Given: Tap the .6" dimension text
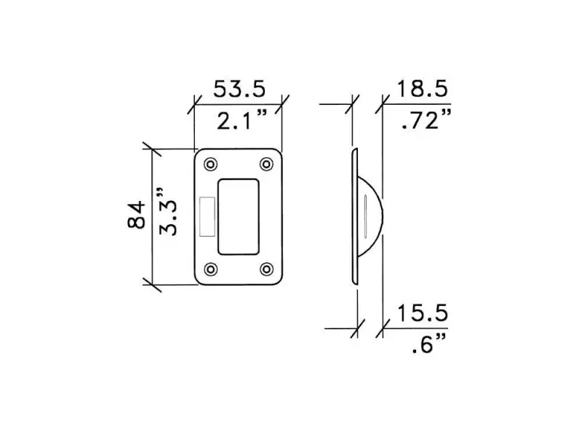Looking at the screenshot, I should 428,345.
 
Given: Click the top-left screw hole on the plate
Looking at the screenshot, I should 211,163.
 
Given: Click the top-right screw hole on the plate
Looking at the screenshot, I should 266,163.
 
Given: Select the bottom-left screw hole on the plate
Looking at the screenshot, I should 211,269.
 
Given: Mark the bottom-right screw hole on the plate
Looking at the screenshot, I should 266,269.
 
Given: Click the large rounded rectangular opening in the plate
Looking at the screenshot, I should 239,216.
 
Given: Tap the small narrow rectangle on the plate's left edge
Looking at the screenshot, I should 204,216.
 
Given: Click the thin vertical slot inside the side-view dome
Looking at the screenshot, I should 363,216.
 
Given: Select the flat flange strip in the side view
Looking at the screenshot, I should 354,216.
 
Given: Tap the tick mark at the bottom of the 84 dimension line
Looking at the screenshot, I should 151,283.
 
